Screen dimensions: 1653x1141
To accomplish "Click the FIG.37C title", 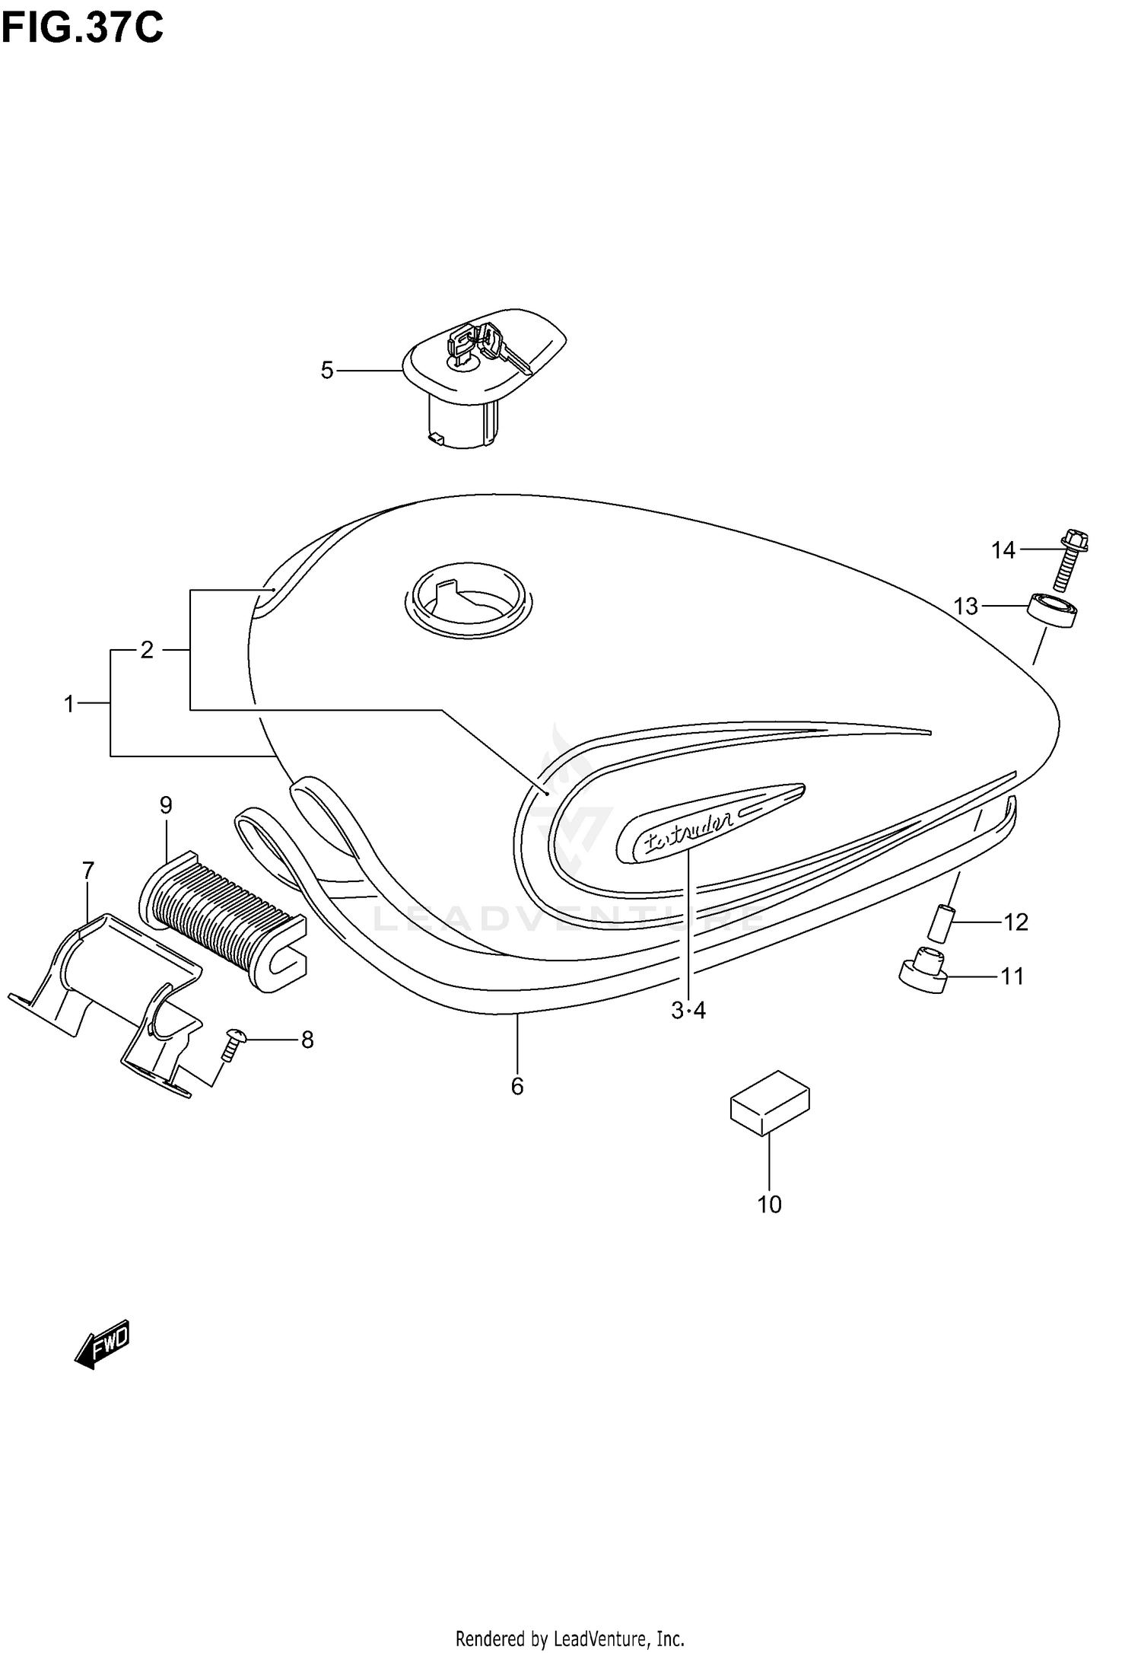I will point(82,28).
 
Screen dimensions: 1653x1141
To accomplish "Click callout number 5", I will point(327,371).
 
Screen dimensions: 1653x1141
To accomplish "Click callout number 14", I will point(1003,549).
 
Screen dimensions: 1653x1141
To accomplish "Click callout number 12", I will point(1015,922).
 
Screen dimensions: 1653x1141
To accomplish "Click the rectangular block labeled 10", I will point(770,1103).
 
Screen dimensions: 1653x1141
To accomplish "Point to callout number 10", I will point(770,1205).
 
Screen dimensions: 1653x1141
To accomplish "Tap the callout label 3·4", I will point(688,1011).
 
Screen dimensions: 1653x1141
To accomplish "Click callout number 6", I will point(517,1087).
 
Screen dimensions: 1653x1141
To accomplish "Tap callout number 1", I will point(69,705).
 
